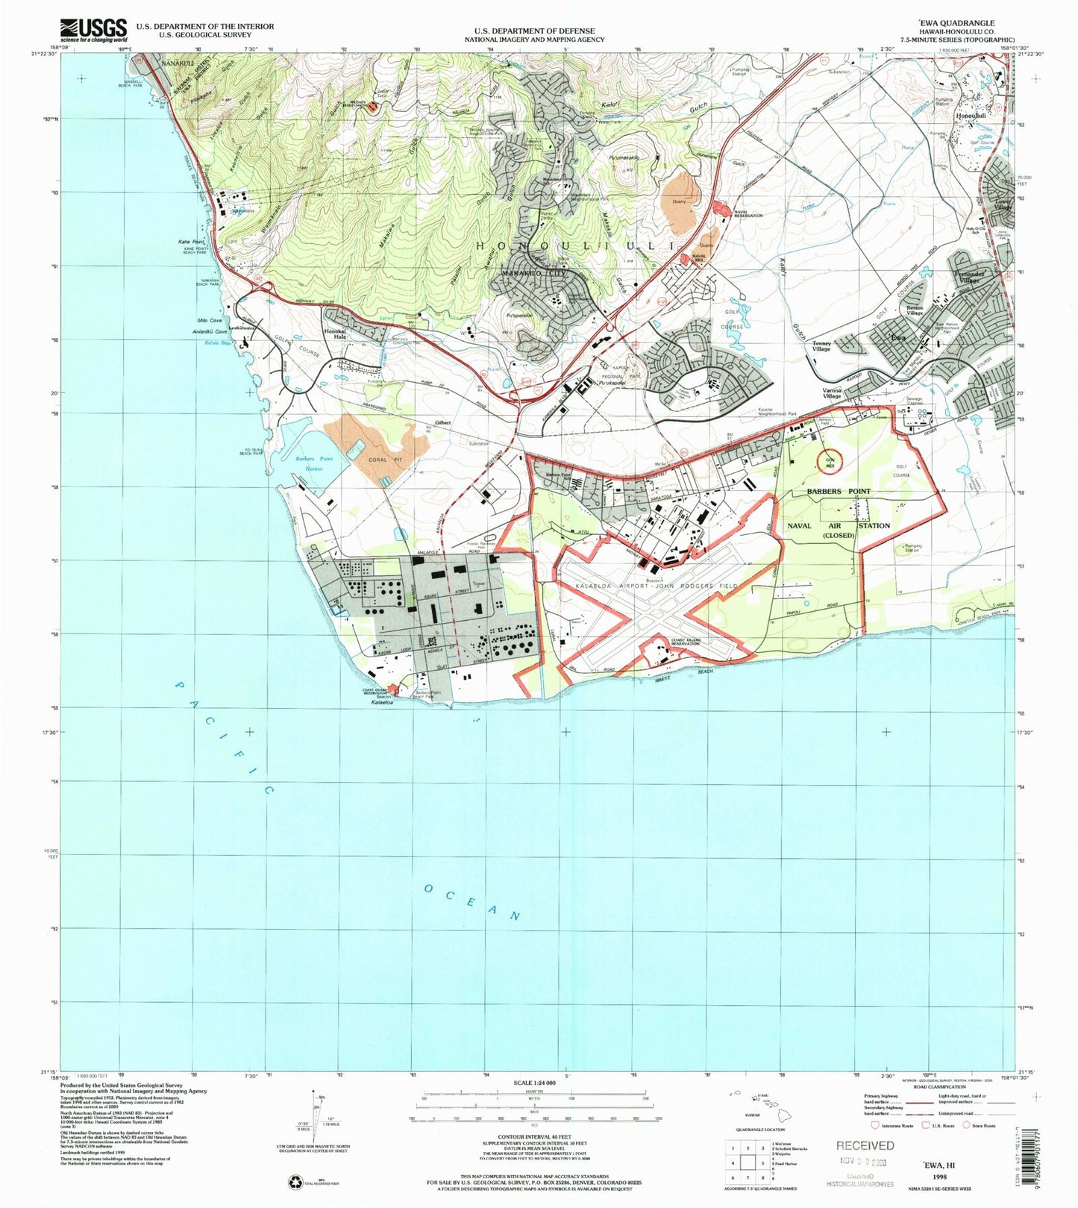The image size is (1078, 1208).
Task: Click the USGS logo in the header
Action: pos(94,30)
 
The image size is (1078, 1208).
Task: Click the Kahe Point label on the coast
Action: pos(192,242)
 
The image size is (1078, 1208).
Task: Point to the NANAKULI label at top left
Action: pos(164,63)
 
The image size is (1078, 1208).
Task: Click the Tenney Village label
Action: pos(821,346)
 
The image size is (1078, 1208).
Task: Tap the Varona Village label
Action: pos(832,393)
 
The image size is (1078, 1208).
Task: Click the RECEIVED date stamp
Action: pos(865,1145)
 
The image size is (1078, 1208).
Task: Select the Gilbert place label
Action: pos(444,423)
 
